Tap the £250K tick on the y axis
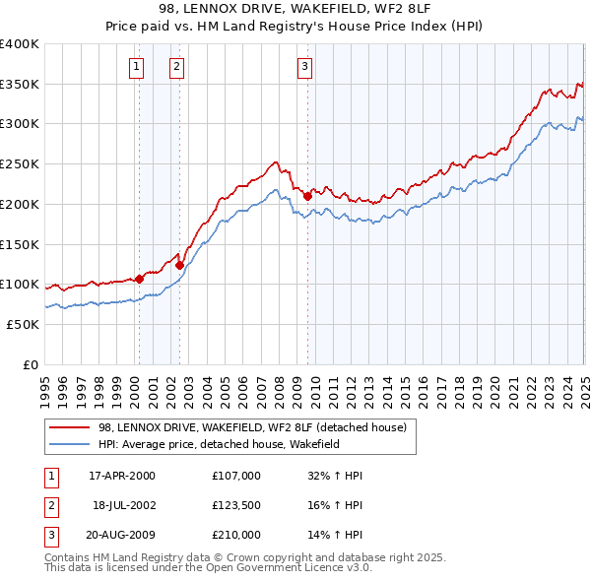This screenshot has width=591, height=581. [x=19, y=163]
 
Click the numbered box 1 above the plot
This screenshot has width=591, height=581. [x=135, y=67]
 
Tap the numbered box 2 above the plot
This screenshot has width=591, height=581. [x=176, y=67]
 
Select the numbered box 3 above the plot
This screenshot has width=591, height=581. [x=304, y=67]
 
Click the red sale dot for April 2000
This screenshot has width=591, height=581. [x=139, y=279]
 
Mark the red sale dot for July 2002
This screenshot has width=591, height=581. [x=179, y=265]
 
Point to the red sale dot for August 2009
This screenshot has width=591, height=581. [x=307, y=196]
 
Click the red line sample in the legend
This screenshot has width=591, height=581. [x=70, y=427]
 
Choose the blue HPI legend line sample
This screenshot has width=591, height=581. [x=70, y=444]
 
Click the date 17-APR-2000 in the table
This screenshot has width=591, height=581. [x=122, y=476]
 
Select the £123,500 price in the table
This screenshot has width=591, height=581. [x=235, y=505]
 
